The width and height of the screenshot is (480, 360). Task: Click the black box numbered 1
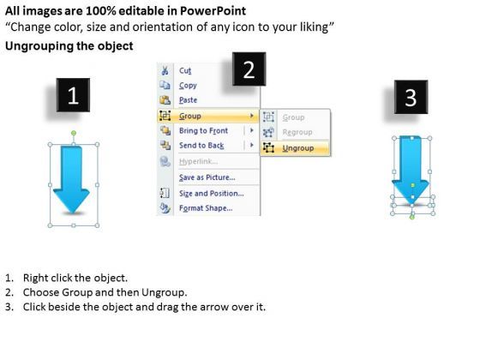coord(73,95)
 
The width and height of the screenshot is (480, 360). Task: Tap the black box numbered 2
coord(249,69)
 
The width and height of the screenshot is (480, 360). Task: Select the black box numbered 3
coord(411,97)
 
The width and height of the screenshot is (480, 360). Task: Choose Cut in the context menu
coord(185,70)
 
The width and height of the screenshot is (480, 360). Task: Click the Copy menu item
coord(188,86)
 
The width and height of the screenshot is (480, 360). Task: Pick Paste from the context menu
coord(188,100)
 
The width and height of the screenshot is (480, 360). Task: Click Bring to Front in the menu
coord(204,130)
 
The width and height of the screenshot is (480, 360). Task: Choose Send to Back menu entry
coord(201,146)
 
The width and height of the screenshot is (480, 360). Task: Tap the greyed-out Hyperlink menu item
coord(198,161)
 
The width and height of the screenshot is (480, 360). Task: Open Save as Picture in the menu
coord(207,177)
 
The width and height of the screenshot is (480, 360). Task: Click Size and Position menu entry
coord(212,194)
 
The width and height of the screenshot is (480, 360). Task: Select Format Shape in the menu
coord(206,208)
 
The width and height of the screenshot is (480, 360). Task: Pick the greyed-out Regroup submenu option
coord(297,132)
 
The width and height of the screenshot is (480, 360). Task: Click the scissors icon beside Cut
coord(165,70)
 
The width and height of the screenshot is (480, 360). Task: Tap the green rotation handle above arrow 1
coord(74,133)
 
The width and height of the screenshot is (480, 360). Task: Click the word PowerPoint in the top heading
coord(213,11)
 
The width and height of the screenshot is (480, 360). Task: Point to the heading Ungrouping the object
coord(69,46)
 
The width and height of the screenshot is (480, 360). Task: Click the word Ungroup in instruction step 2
coord(164,292)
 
